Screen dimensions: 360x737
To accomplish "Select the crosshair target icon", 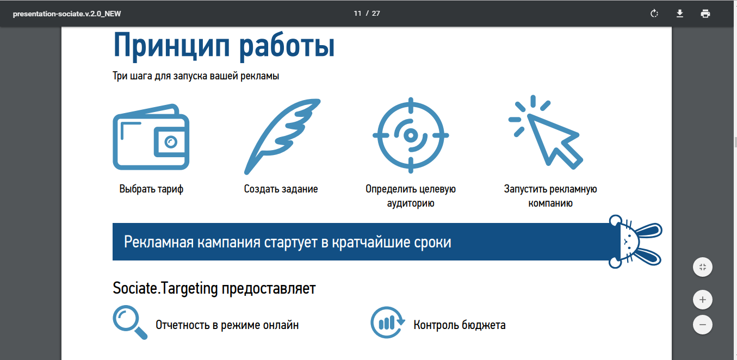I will [411, 134].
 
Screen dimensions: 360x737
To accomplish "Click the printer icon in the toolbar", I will [705, 14].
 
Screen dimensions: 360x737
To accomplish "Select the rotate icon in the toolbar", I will [654, 14].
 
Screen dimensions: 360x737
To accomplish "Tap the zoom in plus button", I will [703, 300].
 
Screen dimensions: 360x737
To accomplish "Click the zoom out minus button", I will [703, 325].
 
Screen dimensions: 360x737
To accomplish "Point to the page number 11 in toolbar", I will [357, 13].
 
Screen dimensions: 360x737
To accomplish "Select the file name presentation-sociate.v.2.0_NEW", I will [67, 14].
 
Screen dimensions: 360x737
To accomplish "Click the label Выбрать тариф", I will [151, 189].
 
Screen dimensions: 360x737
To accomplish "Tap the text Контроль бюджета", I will [460, 325].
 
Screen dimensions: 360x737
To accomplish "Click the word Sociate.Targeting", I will [165, 288].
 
